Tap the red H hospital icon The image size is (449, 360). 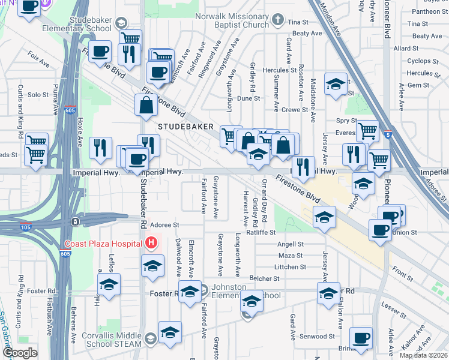click(x=151, y=243)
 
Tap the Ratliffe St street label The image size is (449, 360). click(x=260, y=232)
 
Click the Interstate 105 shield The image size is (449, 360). click(x=75, y=221)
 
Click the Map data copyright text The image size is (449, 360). click(x=423, y=355)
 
